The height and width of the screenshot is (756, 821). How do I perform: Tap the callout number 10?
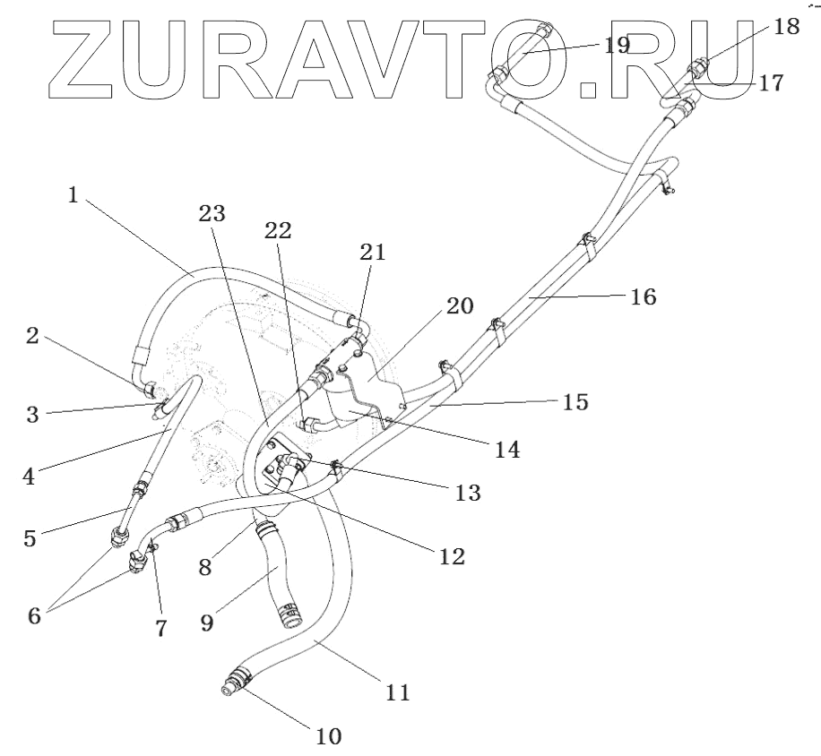tap(328, 736)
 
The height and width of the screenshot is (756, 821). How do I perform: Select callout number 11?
tap(398, 692)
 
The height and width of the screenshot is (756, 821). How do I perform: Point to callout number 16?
tap(643, 296)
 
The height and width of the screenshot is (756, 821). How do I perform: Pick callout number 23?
tap(212, 213)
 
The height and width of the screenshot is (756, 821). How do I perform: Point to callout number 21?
tap(373, 253)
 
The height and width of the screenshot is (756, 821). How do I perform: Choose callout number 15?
tap(576, 402)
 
